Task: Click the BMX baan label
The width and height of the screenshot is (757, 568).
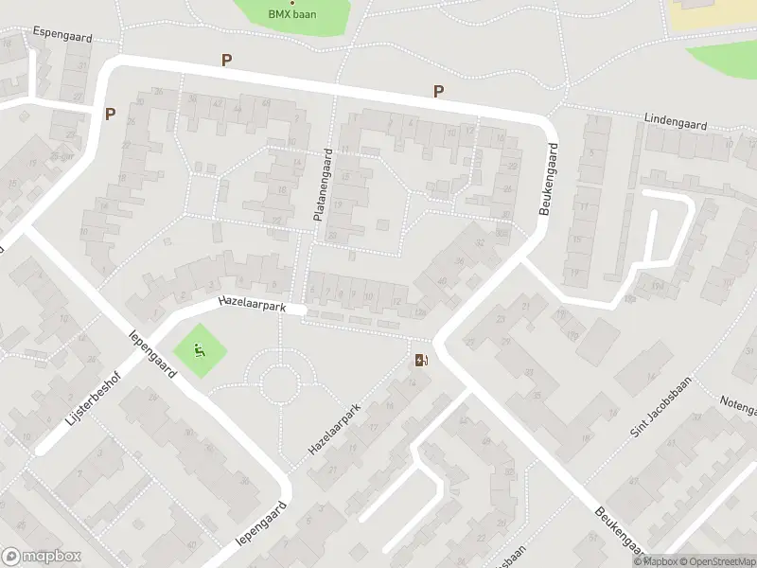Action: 291,14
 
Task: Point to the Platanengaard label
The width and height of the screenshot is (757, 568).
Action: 323,186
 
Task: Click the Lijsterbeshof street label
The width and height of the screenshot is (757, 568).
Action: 93,404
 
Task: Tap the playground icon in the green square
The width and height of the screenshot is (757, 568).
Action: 200,349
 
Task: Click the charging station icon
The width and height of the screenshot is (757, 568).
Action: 421,360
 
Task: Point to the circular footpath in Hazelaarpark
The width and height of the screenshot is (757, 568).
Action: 280,383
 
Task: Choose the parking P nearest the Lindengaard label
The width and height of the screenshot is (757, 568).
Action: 438,92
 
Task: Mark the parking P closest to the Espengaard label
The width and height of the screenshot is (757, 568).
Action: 110,114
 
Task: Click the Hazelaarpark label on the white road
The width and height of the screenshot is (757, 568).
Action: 252,303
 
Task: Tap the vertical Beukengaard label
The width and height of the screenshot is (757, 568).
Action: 548,180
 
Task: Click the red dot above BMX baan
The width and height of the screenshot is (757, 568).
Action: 291,3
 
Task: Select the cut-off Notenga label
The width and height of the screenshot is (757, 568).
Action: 737,408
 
